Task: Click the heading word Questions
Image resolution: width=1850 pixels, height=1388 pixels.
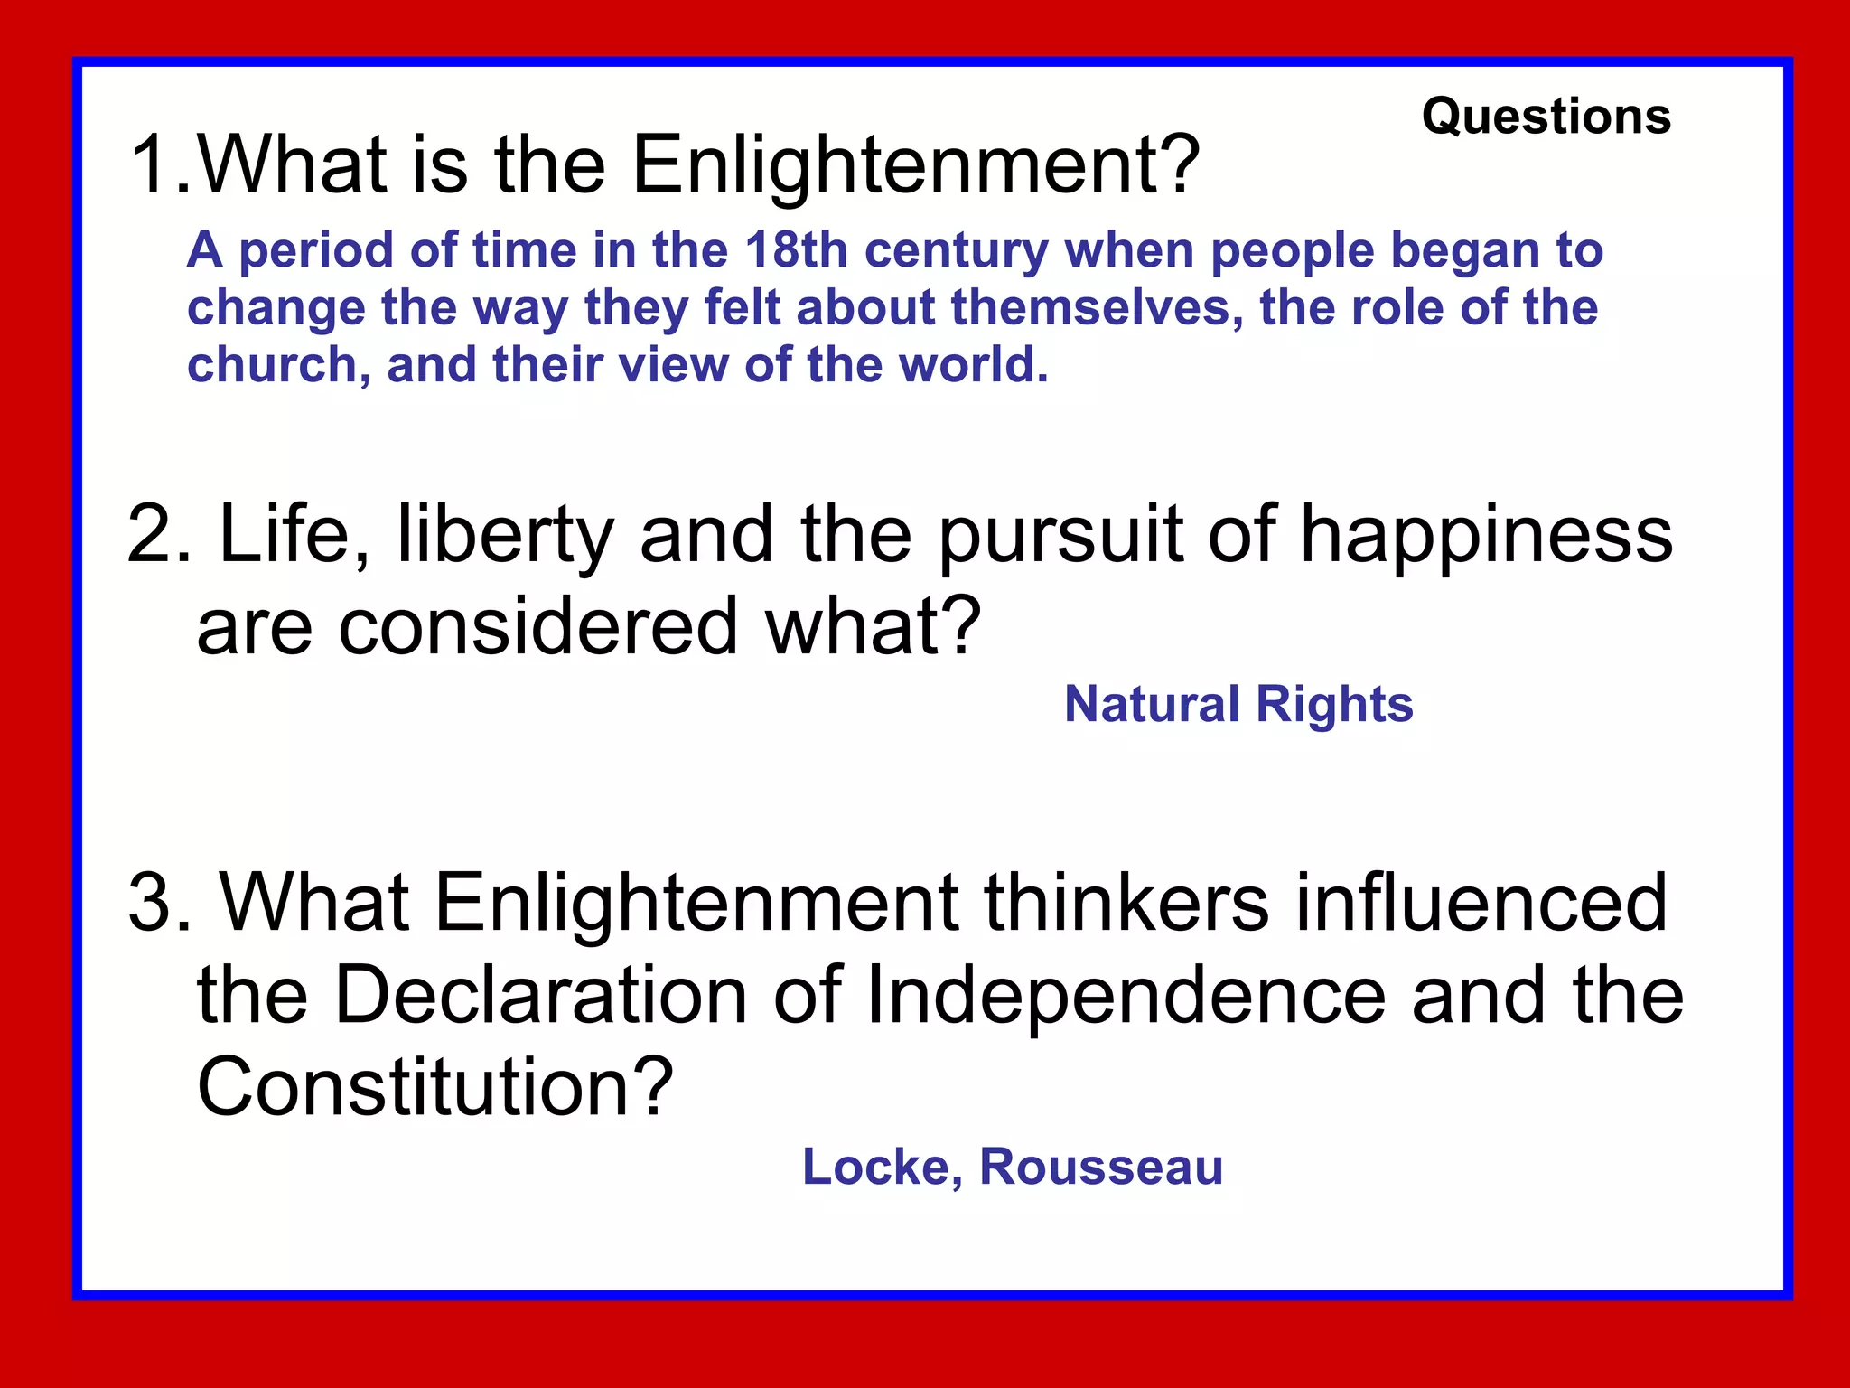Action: (1546, 117)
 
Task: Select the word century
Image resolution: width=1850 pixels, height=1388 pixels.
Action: (957, 251)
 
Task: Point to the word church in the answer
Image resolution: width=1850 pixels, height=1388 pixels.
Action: (271, 365)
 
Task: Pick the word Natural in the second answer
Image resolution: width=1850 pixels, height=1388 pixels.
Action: (1152, 704)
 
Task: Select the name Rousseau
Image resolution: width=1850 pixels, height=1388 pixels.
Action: (1101, 1167)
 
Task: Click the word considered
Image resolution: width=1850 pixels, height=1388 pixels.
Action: (538, 626)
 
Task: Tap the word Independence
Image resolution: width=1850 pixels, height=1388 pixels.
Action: (1126, 996)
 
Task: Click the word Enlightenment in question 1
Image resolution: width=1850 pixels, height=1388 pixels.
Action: (915, 165)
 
